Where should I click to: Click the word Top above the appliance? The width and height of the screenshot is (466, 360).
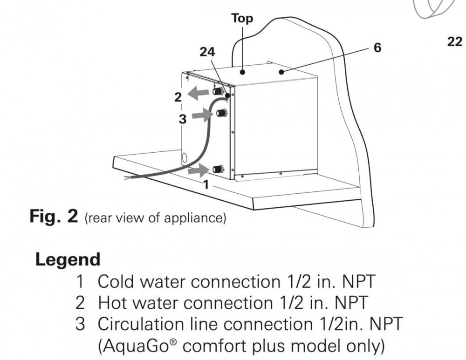point(242,18)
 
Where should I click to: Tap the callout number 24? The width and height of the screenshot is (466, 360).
point(207,53)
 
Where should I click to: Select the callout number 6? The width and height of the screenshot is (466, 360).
point(377,48)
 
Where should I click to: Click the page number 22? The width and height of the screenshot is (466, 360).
point(454,42)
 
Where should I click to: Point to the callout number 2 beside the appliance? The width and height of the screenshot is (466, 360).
point(177,97)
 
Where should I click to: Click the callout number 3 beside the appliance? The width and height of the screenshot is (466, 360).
point(182,119)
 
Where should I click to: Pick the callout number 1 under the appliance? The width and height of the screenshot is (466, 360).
point(206,184)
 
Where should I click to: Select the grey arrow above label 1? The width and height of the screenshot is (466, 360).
point(198,170)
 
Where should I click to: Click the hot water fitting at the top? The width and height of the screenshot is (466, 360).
point(218,91)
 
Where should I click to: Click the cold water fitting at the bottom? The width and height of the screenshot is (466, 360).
point(217,169)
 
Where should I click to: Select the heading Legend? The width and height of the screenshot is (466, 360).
point(68,259)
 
